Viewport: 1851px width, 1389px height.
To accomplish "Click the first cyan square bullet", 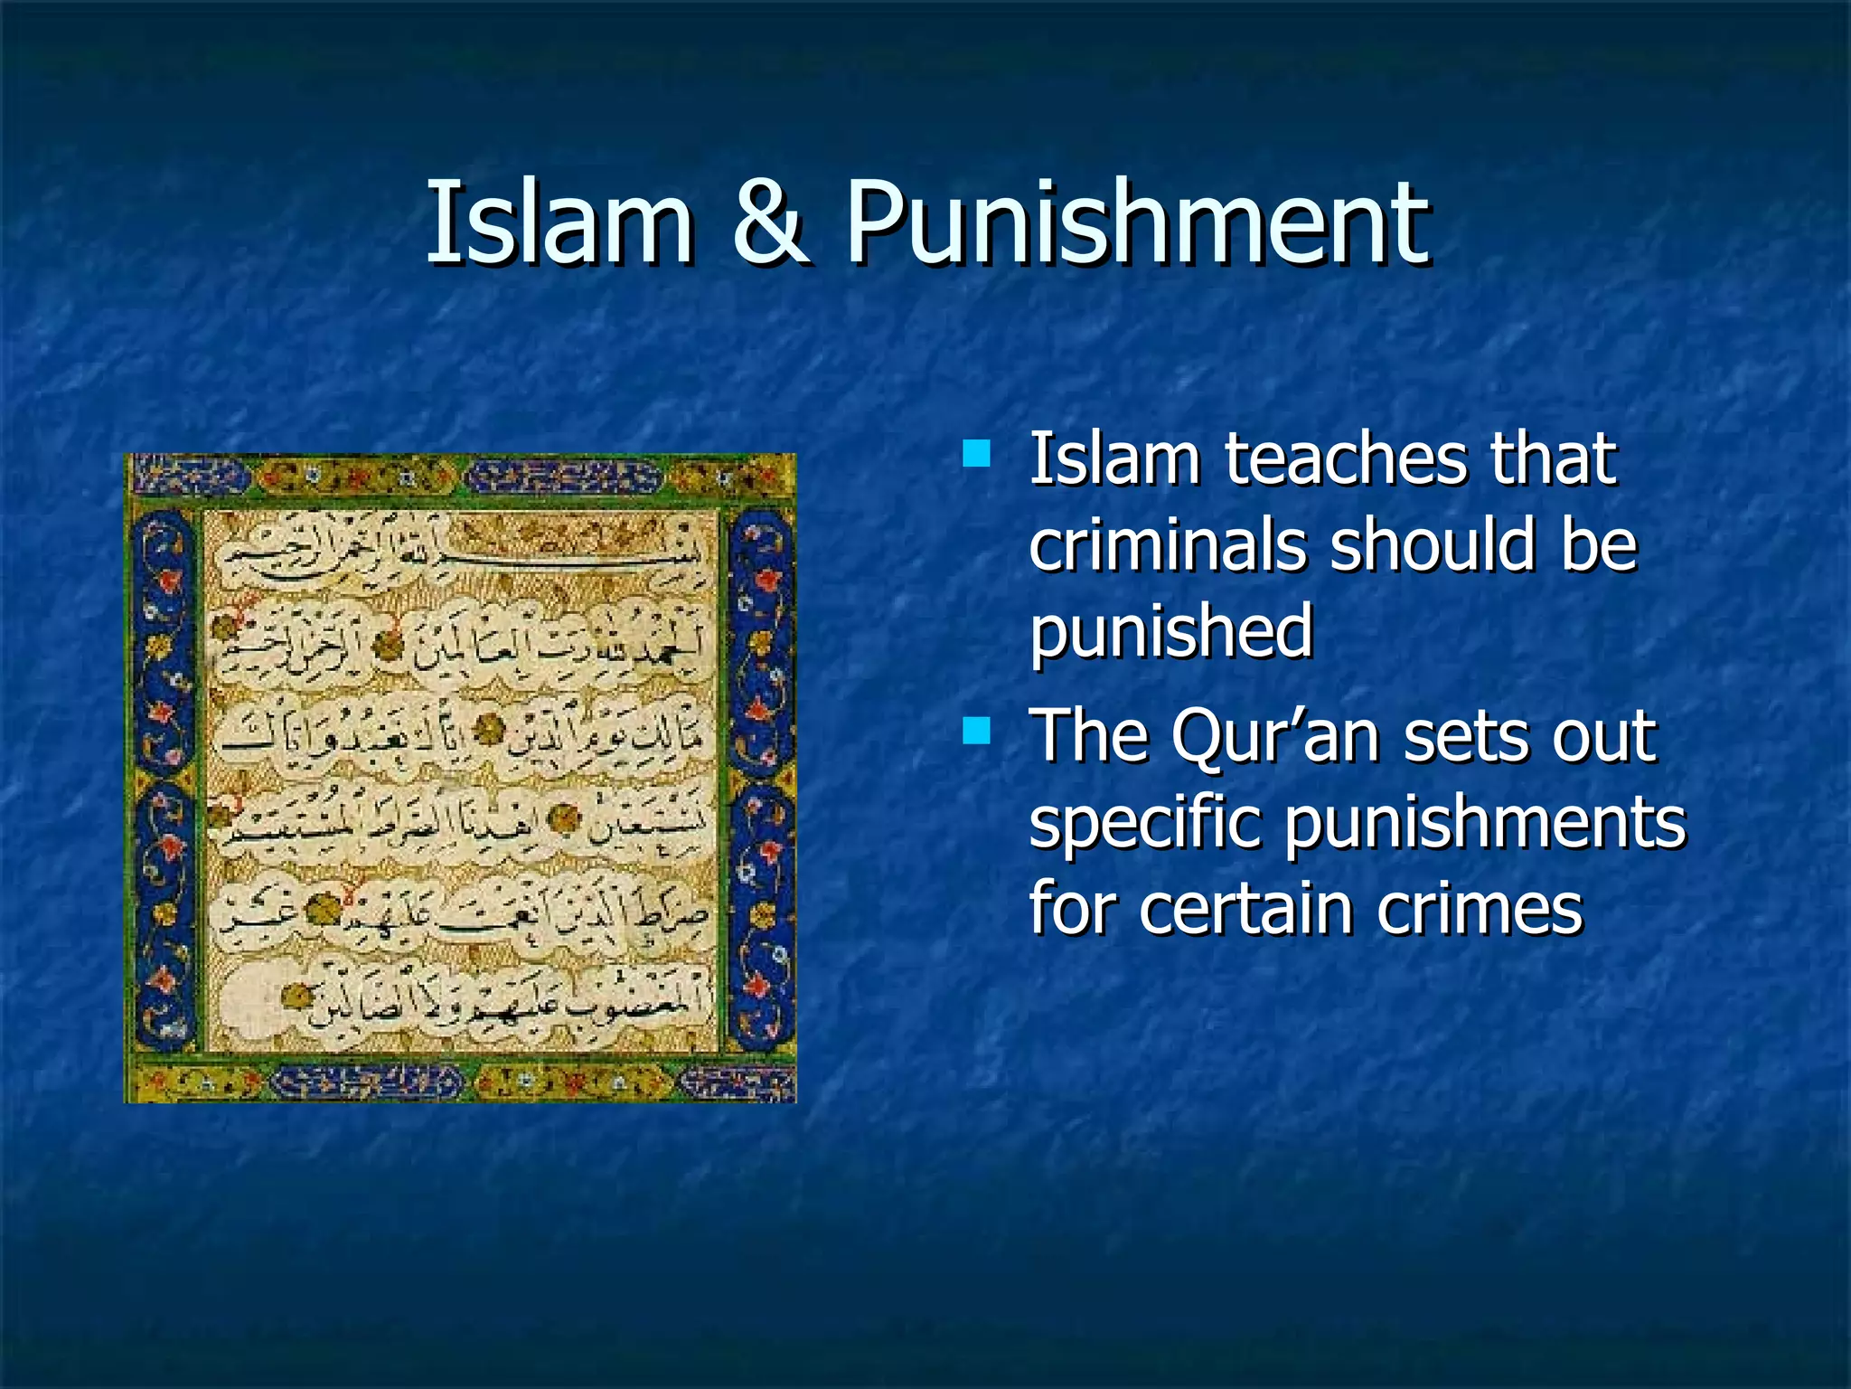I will tap(976, 452).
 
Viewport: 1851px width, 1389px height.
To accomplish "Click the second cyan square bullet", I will tap(976, 729).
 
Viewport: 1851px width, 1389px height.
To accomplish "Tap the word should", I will tap(1433, 545).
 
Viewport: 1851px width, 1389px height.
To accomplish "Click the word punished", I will tap(1171, 633).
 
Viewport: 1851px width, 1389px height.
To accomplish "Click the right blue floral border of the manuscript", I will tap(759, 778).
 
